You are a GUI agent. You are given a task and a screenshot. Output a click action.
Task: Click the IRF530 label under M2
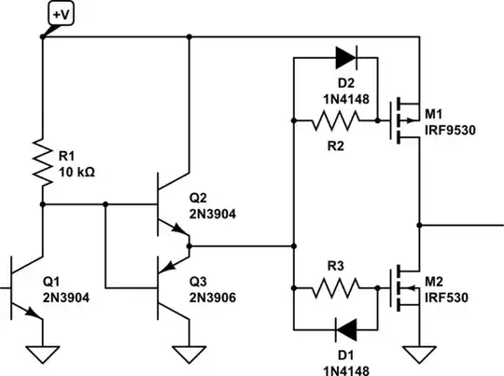coord(450,297)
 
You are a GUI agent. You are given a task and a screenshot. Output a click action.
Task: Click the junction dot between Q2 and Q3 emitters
coord(189,246)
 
